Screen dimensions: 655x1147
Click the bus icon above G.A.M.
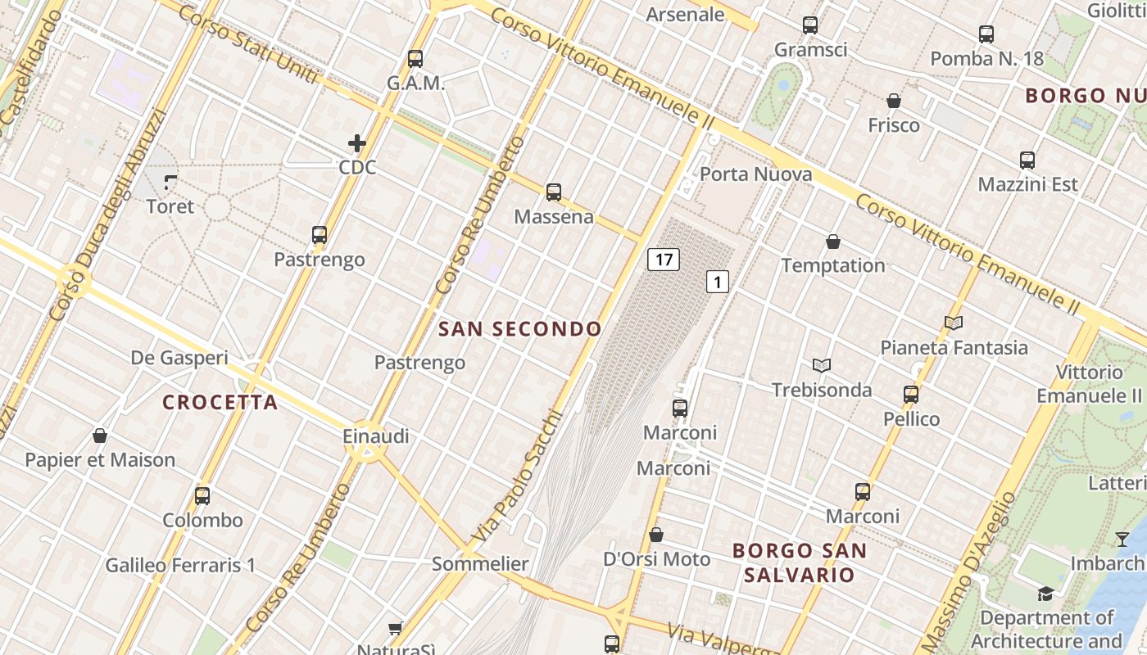(x=415, y=59)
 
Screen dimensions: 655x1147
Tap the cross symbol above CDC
(x=357, y=144)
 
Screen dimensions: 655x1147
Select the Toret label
(x=170, y=206)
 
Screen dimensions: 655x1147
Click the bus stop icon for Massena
(x=554, y=192)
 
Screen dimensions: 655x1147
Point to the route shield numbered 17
(x=664, y=260)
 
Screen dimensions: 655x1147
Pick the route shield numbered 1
(x=718, y=282)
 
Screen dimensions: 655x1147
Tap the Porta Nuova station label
(x=755, y=174)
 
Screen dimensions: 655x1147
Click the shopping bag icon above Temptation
(x=833, y=242)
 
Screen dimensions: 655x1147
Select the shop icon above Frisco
(x=894, y=101)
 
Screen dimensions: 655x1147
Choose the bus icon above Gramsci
(x=810, y=25)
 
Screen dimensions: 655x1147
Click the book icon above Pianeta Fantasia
(x=953, y=323)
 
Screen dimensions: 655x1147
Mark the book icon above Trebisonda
(x=822, y=365)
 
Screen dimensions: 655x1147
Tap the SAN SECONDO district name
(x=520, y=329)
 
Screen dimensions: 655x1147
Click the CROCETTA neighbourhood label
(x=220, y=403)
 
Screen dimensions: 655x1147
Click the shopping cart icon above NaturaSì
(x=396, y=628)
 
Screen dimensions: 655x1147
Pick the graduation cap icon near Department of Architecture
(x=1045, y=594)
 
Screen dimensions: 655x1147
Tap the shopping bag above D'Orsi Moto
(x=656, y=535)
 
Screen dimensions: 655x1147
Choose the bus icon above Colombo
(x=202, y=496)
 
